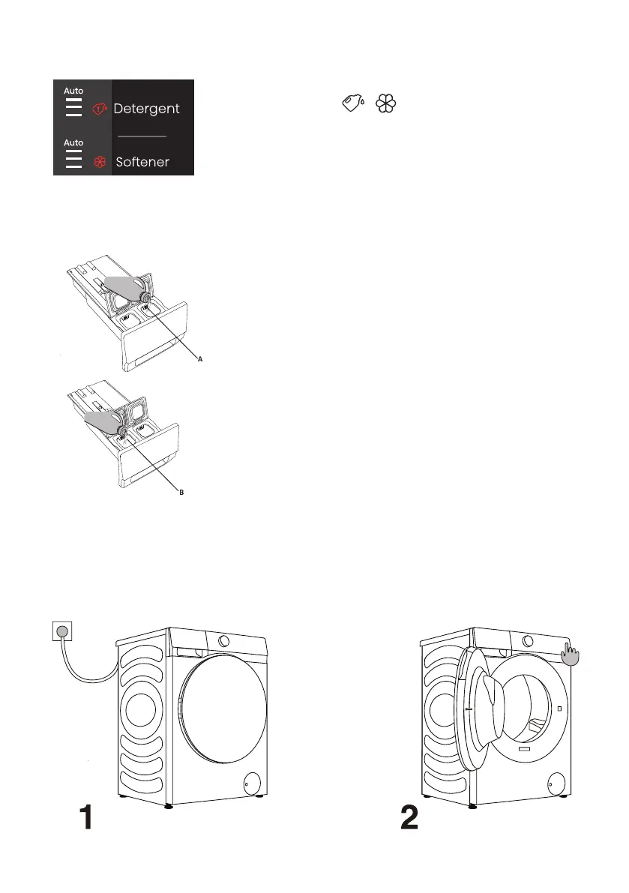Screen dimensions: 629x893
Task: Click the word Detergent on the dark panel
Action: click(x=146, y=109)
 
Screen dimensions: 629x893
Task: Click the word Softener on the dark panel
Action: click(x=142, y=162)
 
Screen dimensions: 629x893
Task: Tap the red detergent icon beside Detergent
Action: click(x=100, y=109)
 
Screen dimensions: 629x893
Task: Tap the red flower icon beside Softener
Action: click(x=100, y=162)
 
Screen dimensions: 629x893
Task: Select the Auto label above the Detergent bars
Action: click(x=73, y=91)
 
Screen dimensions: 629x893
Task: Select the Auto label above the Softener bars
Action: click(x=73, y=142)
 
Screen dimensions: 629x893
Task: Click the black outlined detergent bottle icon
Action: click(x=353, y=103)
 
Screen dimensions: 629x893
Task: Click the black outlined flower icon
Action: click(x=385, y=103)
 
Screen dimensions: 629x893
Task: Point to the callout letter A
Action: click(x=200, y=359)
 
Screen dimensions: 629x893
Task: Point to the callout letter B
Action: click(x=181, y=492)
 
